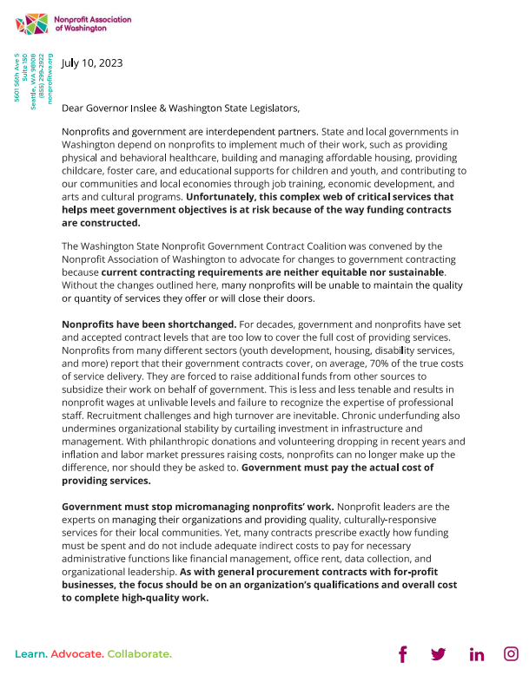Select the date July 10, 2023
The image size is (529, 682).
click(x=92, y=62)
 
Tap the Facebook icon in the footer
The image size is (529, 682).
click(x=402, y=654)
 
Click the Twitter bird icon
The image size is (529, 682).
click(x=439, y=654)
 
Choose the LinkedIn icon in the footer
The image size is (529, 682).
click(x=476, y=654)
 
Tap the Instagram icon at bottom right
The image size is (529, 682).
click(x=512, y=654)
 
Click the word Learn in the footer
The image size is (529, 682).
click(x=30, y=653)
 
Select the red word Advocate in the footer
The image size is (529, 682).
click(x=78, y=653)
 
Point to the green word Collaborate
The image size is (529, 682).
click(x=140, y=653)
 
